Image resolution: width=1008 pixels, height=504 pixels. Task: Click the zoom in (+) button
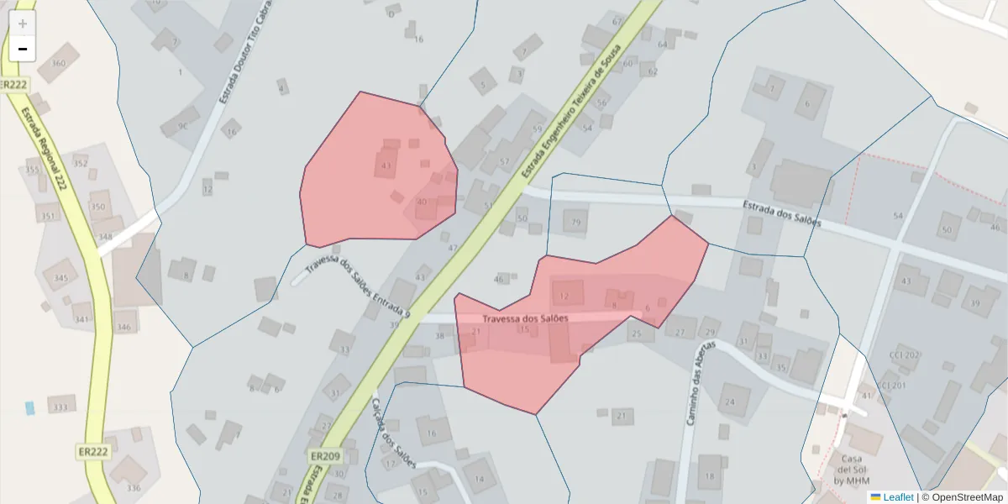23,24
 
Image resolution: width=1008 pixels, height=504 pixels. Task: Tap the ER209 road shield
324,456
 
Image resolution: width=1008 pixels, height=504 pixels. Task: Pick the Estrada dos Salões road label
781,214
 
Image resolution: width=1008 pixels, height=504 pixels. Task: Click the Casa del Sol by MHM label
853,470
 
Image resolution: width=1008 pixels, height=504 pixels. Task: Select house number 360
58,64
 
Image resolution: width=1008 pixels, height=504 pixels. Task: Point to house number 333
60,407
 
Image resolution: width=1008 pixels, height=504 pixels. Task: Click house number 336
133,487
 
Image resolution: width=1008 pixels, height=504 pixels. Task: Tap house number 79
575,223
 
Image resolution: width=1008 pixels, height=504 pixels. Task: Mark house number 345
60,277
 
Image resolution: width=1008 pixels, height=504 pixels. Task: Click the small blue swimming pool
30,407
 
